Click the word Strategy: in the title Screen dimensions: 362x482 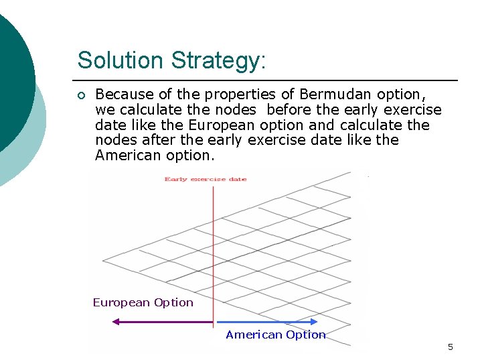pos(219,61)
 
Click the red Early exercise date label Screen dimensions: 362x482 pos(206,179)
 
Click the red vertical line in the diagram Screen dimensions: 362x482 pos(213,255)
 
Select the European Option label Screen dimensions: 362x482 pos(143,302)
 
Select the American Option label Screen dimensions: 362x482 pos(275,335)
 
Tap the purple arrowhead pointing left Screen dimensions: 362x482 pos(116,322)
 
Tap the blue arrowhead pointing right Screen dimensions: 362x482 pos(314,322)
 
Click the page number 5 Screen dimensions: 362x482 pos(450,347)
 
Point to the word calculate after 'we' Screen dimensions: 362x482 pos(142,110)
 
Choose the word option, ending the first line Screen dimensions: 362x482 pos(399,95)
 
